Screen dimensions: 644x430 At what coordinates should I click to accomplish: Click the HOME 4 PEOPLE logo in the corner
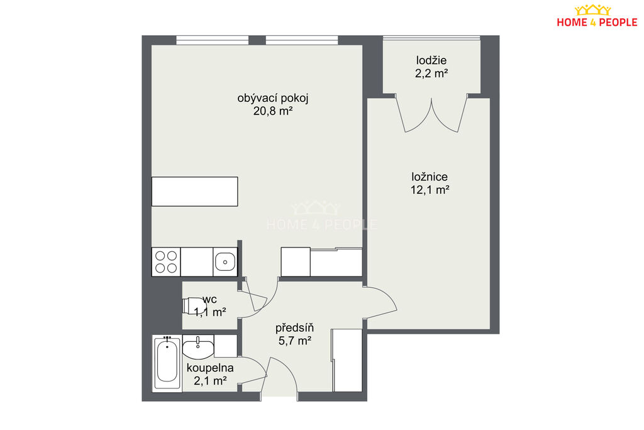pos(597,16)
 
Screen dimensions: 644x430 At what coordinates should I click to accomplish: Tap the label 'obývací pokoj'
pos(273,99)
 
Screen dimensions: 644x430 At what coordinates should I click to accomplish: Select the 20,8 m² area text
pos(273,111)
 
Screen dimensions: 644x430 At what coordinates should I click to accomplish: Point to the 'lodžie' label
pos(431,61)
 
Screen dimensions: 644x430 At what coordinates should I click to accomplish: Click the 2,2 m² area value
pos(431,74)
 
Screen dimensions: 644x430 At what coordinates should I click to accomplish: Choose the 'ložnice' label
pos(430,177)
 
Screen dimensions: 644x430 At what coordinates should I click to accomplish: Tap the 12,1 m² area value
pos(430,190)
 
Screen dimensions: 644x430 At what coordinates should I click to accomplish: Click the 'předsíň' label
pos(294,327)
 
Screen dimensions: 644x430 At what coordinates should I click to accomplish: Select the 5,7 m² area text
pos(294,341)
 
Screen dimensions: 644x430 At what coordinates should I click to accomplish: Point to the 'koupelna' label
pos(210,368)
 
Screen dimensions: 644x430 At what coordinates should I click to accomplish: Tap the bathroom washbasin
pos(198,346)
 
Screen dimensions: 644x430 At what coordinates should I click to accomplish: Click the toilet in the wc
pos(194,306)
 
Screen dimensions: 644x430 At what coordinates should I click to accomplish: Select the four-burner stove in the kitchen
pos(166,262)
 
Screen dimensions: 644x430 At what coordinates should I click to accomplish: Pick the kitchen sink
pos(225,262)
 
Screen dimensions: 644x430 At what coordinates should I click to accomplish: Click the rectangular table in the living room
pos(195,191)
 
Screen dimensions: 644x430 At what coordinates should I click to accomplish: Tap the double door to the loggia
pos(431,115)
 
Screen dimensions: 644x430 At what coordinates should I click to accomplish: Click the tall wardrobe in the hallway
pos(347,360)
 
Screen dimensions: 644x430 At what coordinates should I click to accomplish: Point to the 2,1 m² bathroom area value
pos(210,381)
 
